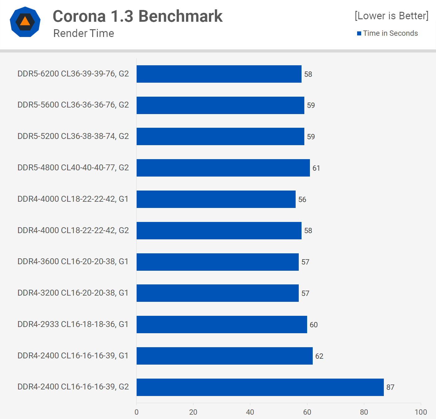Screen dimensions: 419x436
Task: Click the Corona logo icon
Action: click(25, 22)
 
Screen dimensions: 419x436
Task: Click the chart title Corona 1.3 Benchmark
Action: click(138, 16)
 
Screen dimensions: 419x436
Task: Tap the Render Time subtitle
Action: click(84, 33)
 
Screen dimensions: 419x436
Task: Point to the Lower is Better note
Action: click(392, 16)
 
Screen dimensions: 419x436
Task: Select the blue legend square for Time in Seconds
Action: click(359, 33)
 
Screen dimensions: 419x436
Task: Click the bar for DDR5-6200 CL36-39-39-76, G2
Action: click(219, 74)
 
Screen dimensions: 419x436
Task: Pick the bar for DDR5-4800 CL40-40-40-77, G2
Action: click(223, 168)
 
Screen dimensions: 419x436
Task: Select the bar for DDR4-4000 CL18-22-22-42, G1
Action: click(216, 199)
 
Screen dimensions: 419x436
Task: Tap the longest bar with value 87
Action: click(260, 387)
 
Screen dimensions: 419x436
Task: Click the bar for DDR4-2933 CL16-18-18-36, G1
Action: click(222, 325)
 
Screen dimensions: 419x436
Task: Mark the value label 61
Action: click(316, 168)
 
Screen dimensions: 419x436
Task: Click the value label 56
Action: click(302, 200)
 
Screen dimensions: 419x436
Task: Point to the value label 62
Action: click(319, 356)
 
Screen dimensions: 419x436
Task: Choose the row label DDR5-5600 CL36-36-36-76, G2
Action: click(73, 105)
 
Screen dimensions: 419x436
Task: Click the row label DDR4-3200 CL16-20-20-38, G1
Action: click(73, 293)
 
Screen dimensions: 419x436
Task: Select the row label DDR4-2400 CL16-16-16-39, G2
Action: click(73, 387)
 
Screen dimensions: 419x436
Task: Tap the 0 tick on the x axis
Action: click(137, 412)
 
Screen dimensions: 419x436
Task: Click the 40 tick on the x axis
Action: click(250, 412)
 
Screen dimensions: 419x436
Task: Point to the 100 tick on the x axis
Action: click(421, 412)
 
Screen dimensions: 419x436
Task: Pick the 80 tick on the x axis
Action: click(364, 412)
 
